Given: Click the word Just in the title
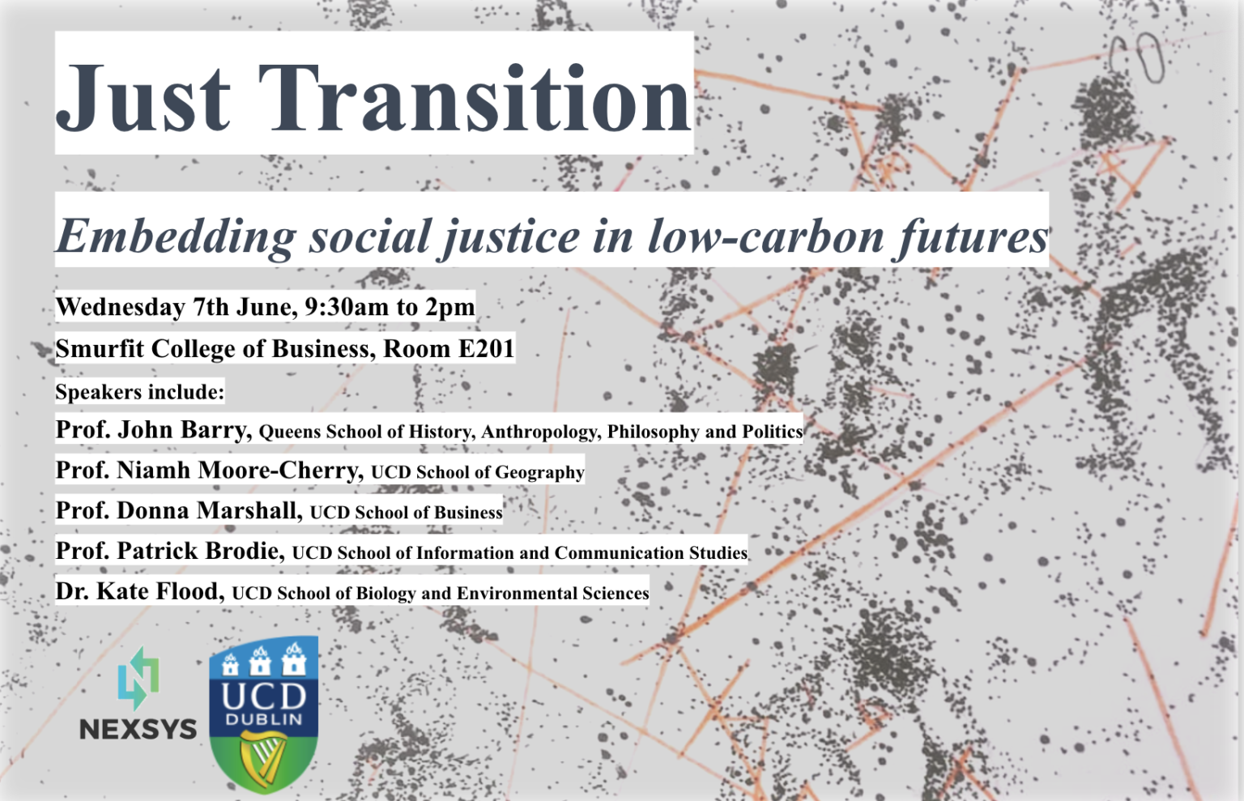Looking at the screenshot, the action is coord(143,98).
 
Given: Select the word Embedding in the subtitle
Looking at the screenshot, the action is coord(176,236).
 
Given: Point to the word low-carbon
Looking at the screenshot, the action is coord(765,236).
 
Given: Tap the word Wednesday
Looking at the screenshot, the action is coord(121,307).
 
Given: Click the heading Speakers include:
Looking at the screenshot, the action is coord(140,392).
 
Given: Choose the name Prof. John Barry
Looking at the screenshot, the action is coord(151,430).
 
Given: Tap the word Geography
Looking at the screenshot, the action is coord(539,473).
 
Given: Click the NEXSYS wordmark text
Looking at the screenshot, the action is coord(138,729).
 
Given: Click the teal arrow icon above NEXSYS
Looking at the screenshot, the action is coord(138,678).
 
